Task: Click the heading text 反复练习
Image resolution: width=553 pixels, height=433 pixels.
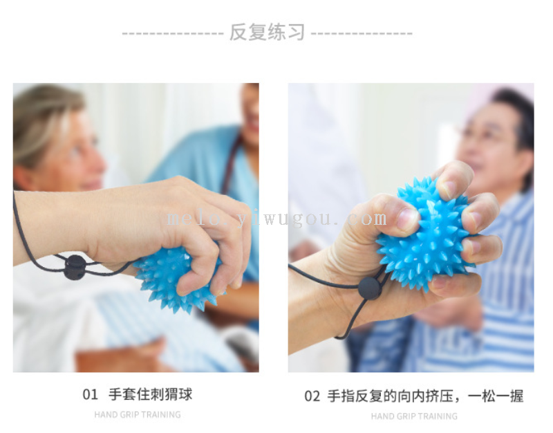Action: pyautogui.click(x=267, y=32)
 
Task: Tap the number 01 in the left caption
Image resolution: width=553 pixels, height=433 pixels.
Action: pyautogui.click(x=91, y=394)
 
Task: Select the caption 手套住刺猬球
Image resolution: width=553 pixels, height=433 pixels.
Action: pyautogui.click(x=151, y=394)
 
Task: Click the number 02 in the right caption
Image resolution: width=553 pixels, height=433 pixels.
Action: pyautogui.click(x=312, y=396)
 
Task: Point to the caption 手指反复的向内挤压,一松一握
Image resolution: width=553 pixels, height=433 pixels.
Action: pyautogui.click(x=425, y=396)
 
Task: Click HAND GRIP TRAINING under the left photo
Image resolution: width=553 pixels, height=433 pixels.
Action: pyautogui.click(x=138, y=414)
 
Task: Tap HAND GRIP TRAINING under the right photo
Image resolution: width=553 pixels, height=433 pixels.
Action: pyautogui.click(x=414, y=416)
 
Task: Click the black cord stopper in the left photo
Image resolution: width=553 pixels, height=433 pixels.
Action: pyautogui.click(x=75, y=267)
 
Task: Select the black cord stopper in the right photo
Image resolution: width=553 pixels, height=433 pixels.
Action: pyautogui.click(x=370, y=288)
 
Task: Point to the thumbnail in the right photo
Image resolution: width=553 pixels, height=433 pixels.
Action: pyautogui.click(x=408, y=219)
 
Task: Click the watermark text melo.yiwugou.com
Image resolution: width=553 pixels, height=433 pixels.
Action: pyautogui.click(x=277, y=219)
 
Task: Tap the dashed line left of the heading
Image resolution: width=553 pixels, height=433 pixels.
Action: pyautogui.click(x=173, y=34)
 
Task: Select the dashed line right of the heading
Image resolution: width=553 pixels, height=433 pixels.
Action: pyautogui.click(x=362, y=34)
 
